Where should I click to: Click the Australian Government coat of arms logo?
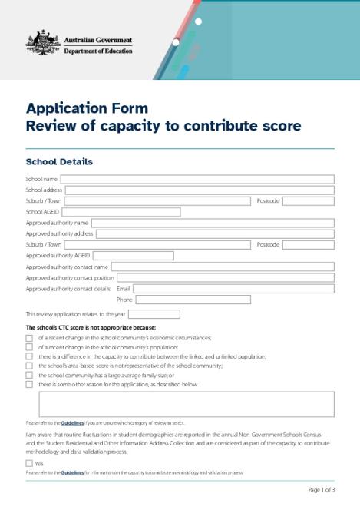(x=43, y=44)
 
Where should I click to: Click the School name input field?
(x=197, y=180)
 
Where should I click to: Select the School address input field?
(x=200, y=190)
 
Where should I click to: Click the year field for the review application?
(x=154, y=314)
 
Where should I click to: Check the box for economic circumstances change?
(x=29, y=338)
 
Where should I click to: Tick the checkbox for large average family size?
(x=29, y=375)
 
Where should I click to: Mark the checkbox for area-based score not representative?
(x=29, y=366)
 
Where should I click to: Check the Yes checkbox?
(x=29, y=463)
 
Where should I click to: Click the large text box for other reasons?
(x=186, y=404)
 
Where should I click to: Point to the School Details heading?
(x=59, y=162)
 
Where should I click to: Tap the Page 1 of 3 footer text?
(x=322, y=489)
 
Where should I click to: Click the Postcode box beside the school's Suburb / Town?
(x=308, y=201)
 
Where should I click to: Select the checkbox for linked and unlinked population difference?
(x=29, y=356)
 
